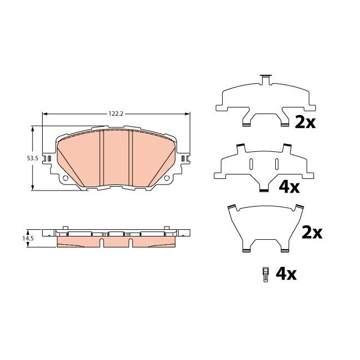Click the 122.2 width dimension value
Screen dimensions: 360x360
[x=115, y=114]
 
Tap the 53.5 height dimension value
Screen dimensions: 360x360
[x=32, y=158]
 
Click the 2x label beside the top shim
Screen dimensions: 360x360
[x=305, y=122]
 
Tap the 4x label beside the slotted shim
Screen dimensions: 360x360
[x=289, y=187]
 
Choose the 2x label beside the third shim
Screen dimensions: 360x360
[x=311, y=233]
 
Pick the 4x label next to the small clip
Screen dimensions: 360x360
[x=286, y=273]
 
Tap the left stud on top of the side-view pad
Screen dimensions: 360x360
[x=65, y=227]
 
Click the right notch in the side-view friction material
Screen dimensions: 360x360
[x=130, y=242]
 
